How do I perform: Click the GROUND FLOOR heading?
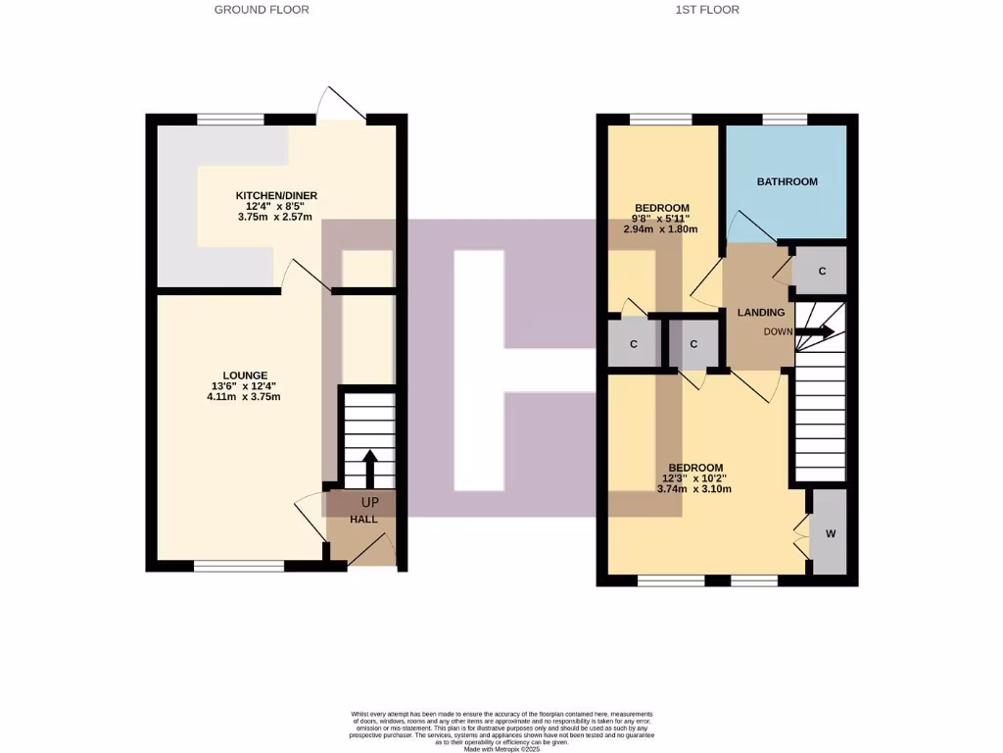(262, 10)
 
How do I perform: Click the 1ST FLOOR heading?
(707, 10)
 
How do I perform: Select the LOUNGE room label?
(244, 375)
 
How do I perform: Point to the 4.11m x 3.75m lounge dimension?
(244, 397)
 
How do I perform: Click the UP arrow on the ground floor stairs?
(369, 468)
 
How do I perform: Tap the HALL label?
(364, 519)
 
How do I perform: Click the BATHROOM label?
(787, 181)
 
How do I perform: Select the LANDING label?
(761, 313)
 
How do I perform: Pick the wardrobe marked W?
(830, 533)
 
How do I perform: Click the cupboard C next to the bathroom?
(822, 271)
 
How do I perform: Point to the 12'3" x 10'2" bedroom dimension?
(695, 478)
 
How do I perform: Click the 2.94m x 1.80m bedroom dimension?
(660, 229)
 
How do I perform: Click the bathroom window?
(785, 120)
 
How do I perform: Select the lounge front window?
(238, 566)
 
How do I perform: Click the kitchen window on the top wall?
(230, 120)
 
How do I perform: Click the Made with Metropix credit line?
(501, 749)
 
